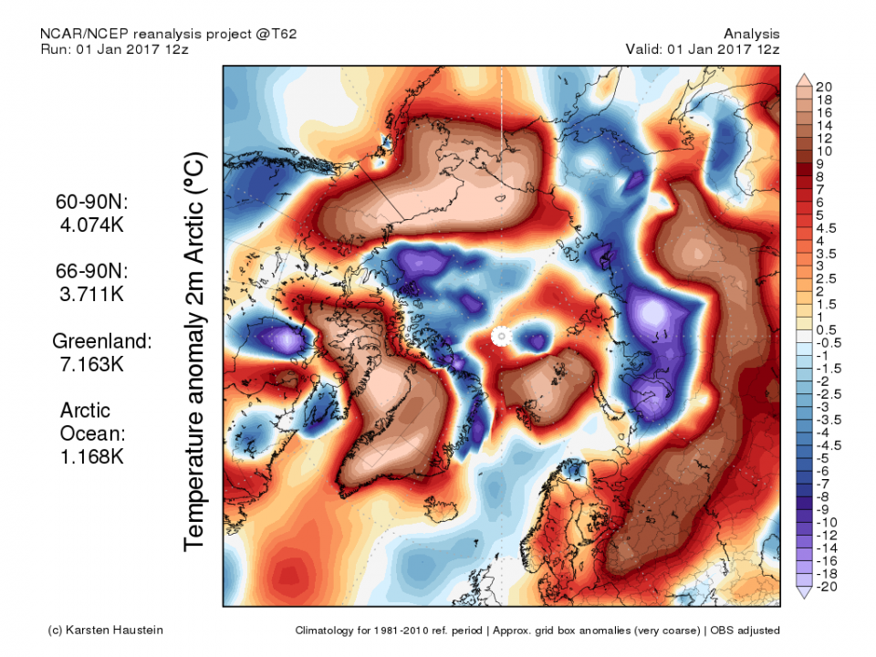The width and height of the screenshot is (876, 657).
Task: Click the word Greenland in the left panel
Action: coord(101,341)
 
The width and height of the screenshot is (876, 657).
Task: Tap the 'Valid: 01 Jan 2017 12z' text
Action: coord(703,48)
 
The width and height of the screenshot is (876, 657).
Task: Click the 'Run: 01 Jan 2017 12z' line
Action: coord(115,48)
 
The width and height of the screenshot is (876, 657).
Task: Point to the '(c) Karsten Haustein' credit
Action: coord(106,630)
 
